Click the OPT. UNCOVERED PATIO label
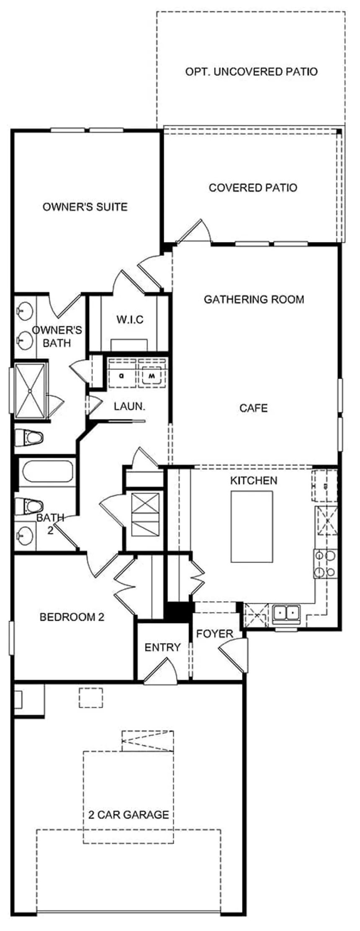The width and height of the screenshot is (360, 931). click(x=251, y=72)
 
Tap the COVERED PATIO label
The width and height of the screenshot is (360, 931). click(x=253, y=188)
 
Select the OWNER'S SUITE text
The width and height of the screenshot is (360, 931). click(x=85, y=207)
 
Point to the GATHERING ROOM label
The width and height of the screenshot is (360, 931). click(x=254, y=299)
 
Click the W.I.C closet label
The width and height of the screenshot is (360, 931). click(x=130, y=320)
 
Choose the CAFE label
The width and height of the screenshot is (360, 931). click(x=253, y=408)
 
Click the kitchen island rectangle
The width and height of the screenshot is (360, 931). click(x=252, y=526)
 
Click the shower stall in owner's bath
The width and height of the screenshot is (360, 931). click(x=30, y=391)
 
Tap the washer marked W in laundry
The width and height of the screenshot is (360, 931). click(x=153, y=375)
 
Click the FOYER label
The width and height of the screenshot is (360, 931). click(x=214, y=634)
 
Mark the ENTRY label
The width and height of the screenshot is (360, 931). click(x=162, y=648)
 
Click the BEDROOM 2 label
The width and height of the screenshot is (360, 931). click(x=72, y=617)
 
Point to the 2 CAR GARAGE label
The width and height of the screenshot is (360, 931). click(x=129, y=815)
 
